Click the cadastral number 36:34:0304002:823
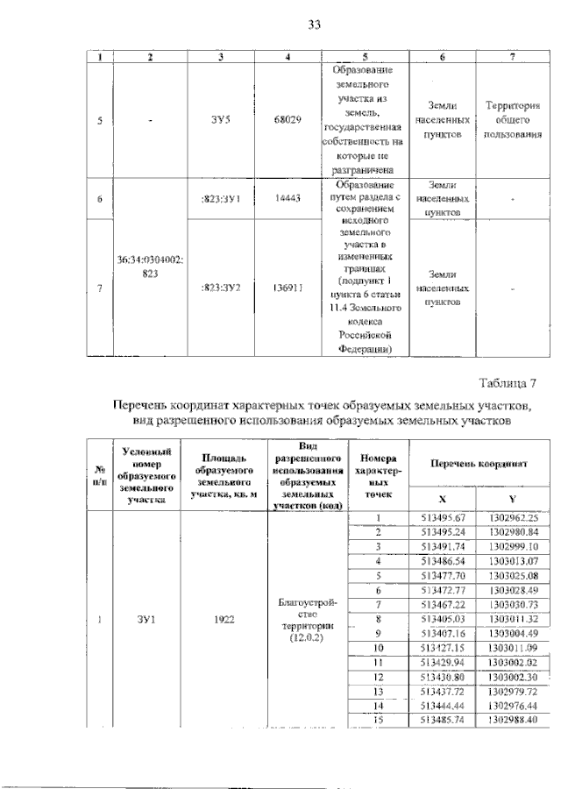(x=151, y=267)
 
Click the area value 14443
(x=288, y=199)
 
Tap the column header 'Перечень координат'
(x=477, y=462)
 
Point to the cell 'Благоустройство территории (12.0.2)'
(x=308, y=619)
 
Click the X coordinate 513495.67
(x=442, y=517)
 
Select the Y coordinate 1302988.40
(x=511, y=719)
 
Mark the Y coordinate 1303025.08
(x=511, y=575)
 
